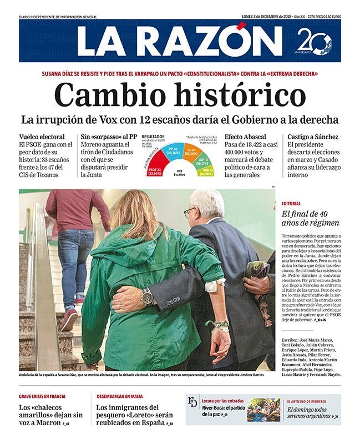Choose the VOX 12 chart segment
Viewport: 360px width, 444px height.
click(x=205, y=172)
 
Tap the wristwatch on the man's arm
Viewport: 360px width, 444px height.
click(x=147, y=297)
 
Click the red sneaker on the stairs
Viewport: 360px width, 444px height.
click(x=69, y=320)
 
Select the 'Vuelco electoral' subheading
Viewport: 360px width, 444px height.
click(x=42, y=137)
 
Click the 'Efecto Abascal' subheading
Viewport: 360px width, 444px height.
click(x=245, y=137)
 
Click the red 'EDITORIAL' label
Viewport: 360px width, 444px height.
click(x=291, y=204)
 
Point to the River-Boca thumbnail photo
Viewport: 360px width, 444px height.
click(x=263, y=410)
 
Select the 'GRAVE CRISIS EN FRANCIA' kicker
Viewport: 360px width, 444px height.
click(x=42, y=396)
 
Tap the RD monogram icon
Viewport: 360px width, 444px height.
click(x=192, y=401)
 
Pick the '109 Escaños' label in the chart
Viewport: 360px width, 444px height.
click(x=179, y=173)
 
